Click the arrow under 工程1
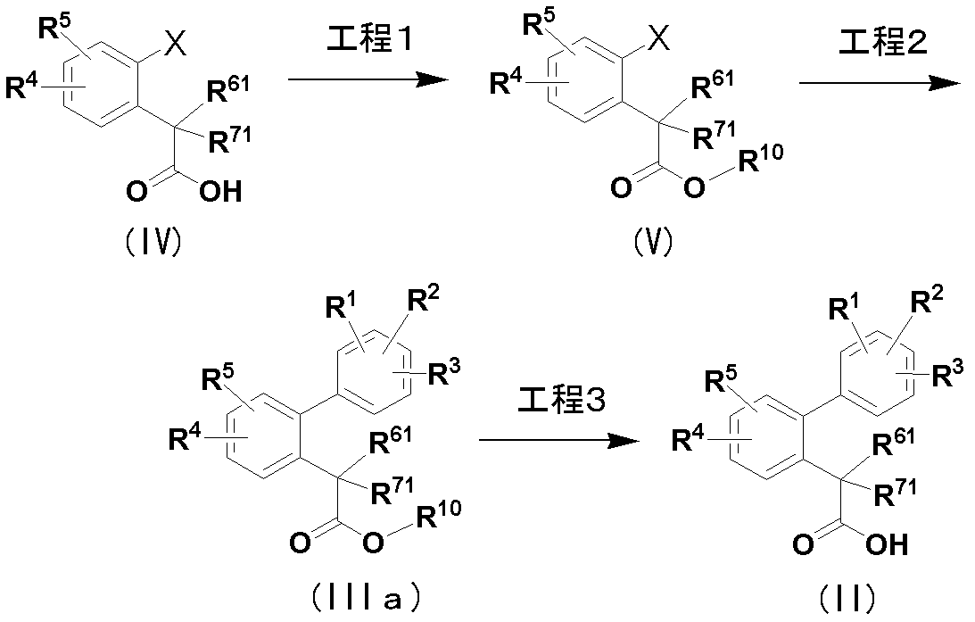pyautogui.click(x=367, y=81)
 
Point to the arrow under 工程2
pyautogui.click(x=879, y=82)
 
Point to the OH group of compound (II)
pyautogui.click(x=887, y=543)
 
